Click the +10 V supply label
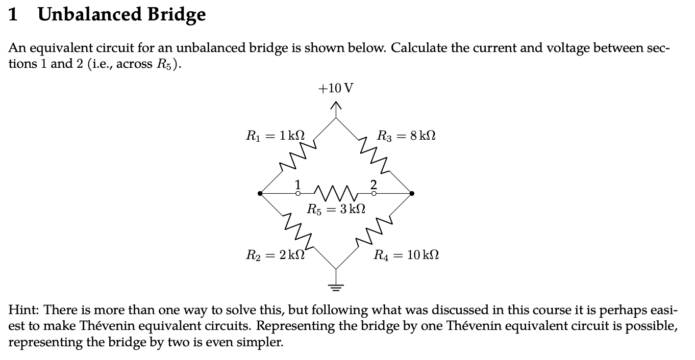point(335,88)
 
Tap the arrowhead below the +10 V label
point(335,106)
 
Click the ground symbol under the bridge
point(335,286)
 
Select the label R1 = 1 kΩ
point(276,136)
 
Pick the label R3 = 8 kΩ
point(406,136)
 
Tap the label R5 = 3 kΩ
point(336,209)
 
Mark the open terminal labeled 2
point(374,194)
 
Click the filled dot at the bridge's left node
point(260,194)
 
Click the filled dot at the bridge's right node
point(412,194)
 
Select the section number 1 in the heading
point(14,15)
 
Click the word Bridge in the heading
point(177,15)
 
